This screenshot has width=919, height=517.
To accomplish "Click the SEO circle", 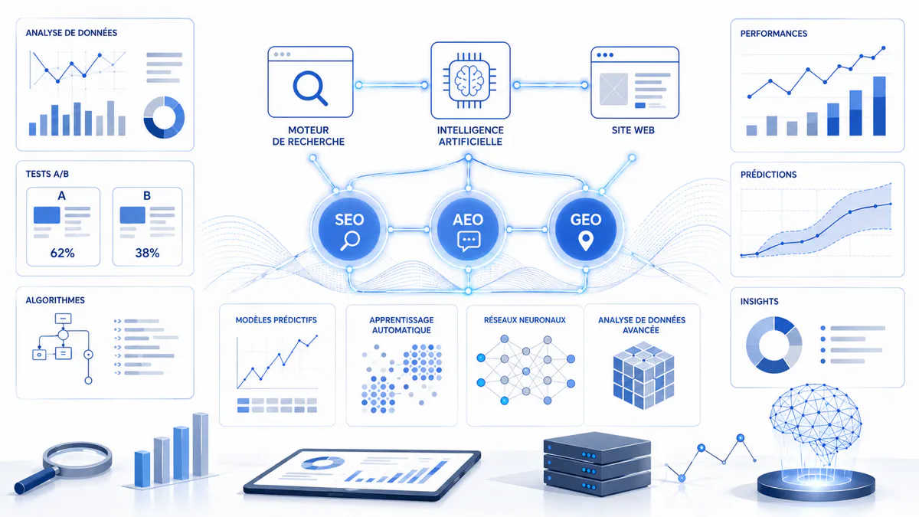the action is click(x=349, y=230).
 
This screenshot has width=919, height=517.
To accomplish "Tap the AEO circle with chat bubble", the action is click(x=468, y=230).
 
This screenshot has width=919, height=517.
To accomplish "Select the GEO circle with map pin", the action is click(x=586, y=230).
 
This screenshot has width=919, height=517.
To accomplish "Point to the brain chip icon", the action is click(x=470, y=80).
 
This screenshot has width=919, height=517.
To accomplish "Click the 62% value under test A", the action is click(x=62, y=254).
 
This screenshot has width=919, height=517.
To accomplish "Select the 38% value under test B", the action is click(x=147, y=254).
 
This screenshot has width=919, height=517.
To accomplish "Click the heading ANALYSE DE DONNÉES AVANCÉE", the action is click(x=642, y=325).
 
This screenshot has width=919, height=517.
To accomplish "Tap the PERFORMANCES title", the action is click(x=773, y=34).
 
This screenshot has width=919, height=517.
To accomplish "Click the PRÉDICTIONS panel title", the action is click(x=768, y=175).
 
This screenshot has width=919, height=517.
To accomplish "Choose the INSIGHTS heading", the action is click(x=760, y=302).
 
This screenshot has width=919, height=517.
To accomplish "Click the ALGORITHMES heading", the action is click(x=55, y=300).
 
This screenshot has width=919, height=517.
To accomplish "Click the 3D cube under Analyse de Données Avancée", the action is click(x=643, y=375).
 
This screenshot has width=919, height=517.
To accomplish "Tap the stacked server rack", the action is click(x=597, y=464).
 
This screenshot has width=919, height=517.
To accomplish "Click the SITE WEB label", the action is click(x=633, y=130).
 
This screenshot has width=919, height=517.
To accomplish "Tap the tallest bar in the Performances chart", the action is click(x=879, y=106).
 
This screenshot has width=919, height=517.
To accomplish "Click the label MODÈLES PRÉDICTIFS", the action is click(x=276, y=320).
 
